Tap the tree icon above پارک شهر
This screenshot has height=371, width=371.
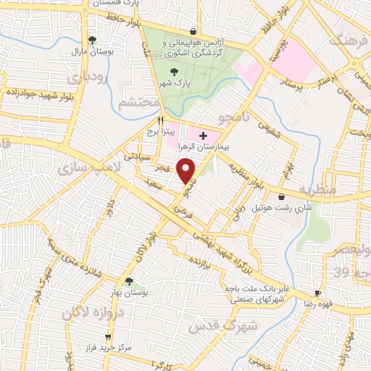[172, 72]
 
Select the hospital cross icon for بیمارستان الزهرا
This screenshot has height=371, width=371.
[203, 136]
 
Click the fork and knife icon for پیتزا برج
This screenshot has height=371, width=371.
[161, 121]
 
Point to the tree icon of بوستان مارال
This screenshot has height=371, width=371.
[91, 40]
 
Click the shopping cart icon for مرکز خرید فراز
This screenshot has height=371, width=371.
[108, 337]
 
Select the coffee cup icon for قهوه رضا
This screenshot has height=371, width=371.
[317, 293]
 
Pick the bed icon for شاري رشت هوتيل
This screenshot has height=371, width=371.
[281, 196]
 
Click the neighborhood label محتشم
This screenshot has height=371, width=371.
[138, 103]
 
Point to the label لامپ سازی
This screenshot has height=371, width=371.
[81, 169]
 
